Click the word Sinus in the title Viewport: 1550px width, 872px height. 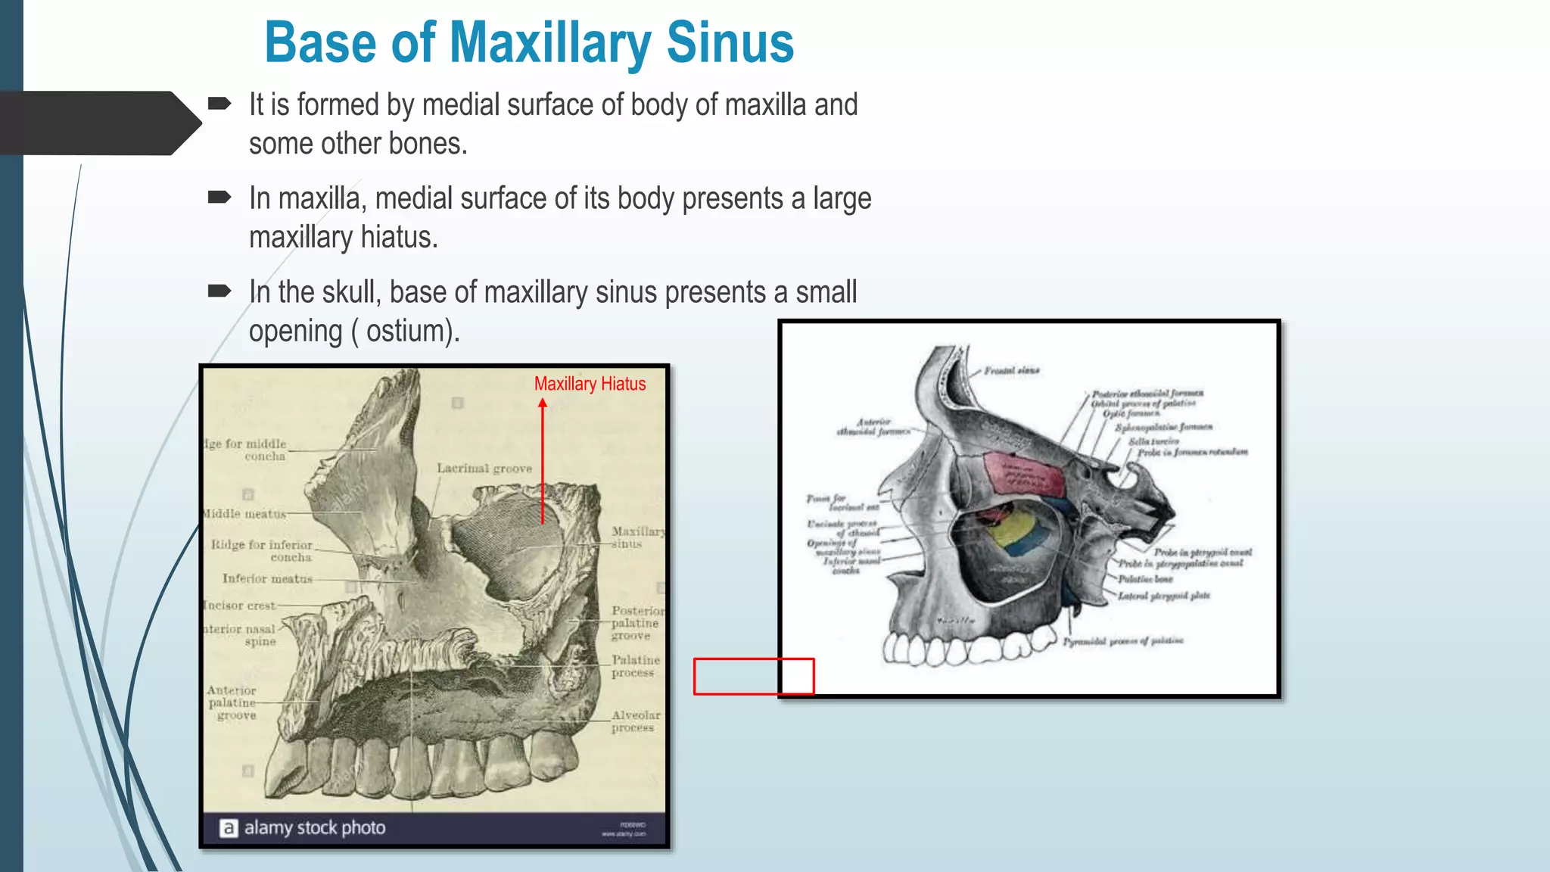730,42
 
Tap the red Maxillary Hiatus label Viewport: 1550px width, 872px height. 590,384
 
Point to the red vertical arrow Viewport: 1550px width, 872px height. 543,462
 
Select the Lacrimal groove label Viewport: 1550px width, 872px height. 484,469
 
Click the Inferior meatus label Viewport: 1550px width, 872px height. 267,578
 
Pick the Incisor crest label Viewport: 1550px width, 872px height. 240,606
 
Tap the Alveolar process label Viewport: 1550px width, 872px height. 635,721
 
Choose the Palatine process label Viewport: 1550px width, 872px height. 635,666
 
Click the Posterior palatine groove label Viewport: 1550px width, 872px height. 636,623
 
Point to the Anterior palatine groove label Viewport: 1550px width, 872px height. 232,702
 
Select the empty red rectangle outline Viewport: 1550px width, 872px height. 754,676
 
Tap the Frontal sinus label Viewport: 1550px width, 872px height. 1012,371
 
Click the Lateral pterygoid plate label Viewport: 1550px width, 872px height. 1164,596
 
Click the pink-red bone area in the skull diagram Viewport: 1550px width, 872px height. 1022,474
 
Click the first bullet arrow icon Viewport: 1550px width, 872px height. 219,104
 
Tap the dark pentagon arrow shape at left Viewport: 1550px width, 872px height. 98,123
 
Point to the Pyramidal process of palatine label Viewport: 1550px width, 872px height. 1122,641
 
